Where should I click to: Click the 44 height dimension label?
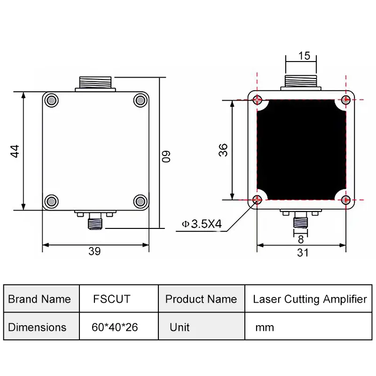tap(15, 151)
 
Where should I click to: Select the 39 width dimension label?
tap(94, 251)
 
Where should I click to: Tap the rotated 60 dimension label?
tap(166, 156)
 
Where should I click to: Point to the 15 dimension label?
tap(304, 56)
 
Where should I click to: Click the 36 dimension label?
tap(223, 150)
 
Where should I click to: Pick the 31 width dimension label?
tap(303, 252)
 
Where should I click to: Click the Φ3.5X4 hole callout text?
tap(202, 224)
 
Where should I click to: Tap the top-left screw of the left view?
tap(51, 100)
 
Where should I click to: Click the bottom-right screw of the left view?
tap(140, 201)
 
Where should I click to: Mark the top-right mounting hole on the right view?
tap(345, 100)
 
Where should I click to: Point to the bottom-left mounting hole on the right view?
tap(257, 200)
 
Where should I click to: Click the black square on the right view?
tap(301, 150)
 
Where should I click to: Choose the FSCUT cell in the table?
tap(111, 299)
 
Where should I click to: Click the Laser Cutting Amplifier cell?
tap(310, 299)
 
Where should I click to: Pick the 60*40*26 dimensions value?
tap(115, 327)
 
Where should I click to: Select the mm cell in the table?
tap(264, 327)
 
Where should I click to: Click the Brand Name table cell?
tap(39, 299)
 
